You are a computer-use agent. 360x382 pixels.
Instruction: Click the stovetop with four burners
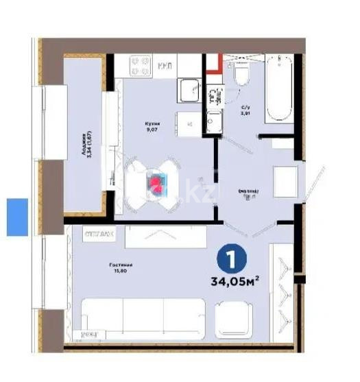pos(141,66)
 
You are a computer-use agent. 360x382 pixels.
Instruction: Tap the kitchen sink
pos(189,89)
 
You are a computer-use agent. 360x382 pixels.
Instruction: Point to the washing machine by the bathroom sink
pos(214,125)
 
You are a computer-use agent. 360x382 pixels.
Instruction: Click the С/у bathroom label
pos(245,111)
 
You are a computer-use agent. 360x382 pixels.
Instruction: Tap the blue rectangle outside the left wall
pos(17,217)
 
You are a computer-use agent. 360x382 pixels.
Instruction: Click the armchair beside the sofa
pos(235,319)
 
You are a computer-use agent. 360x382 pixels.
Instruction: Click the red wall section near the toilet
pos(213,65)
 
